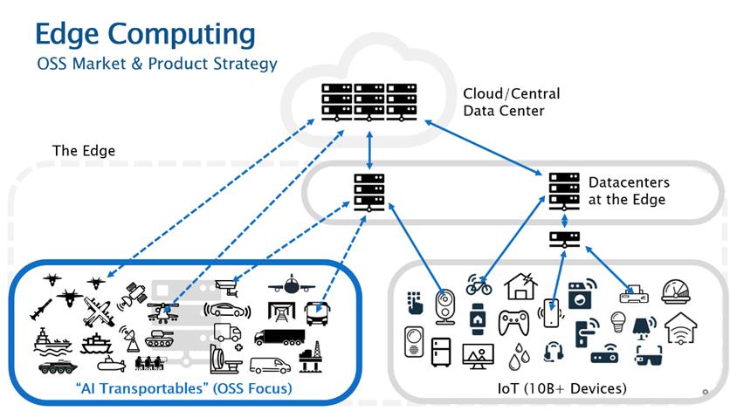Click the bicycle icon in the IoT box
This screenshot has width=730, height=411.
click(479, 284)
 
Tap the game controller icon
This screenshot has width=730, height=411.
click(513, 322)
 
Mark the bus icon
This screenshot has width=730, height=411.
click(320, 310)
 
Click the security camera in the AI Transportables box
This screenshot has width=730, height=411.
click(228, 284)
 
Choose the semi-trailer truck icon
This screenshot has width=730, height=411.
click(279, 336)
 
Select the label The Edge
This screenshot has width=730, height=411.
click(84, 150)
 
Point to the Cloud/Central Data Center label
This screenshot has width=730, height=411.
click(512, 102)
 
